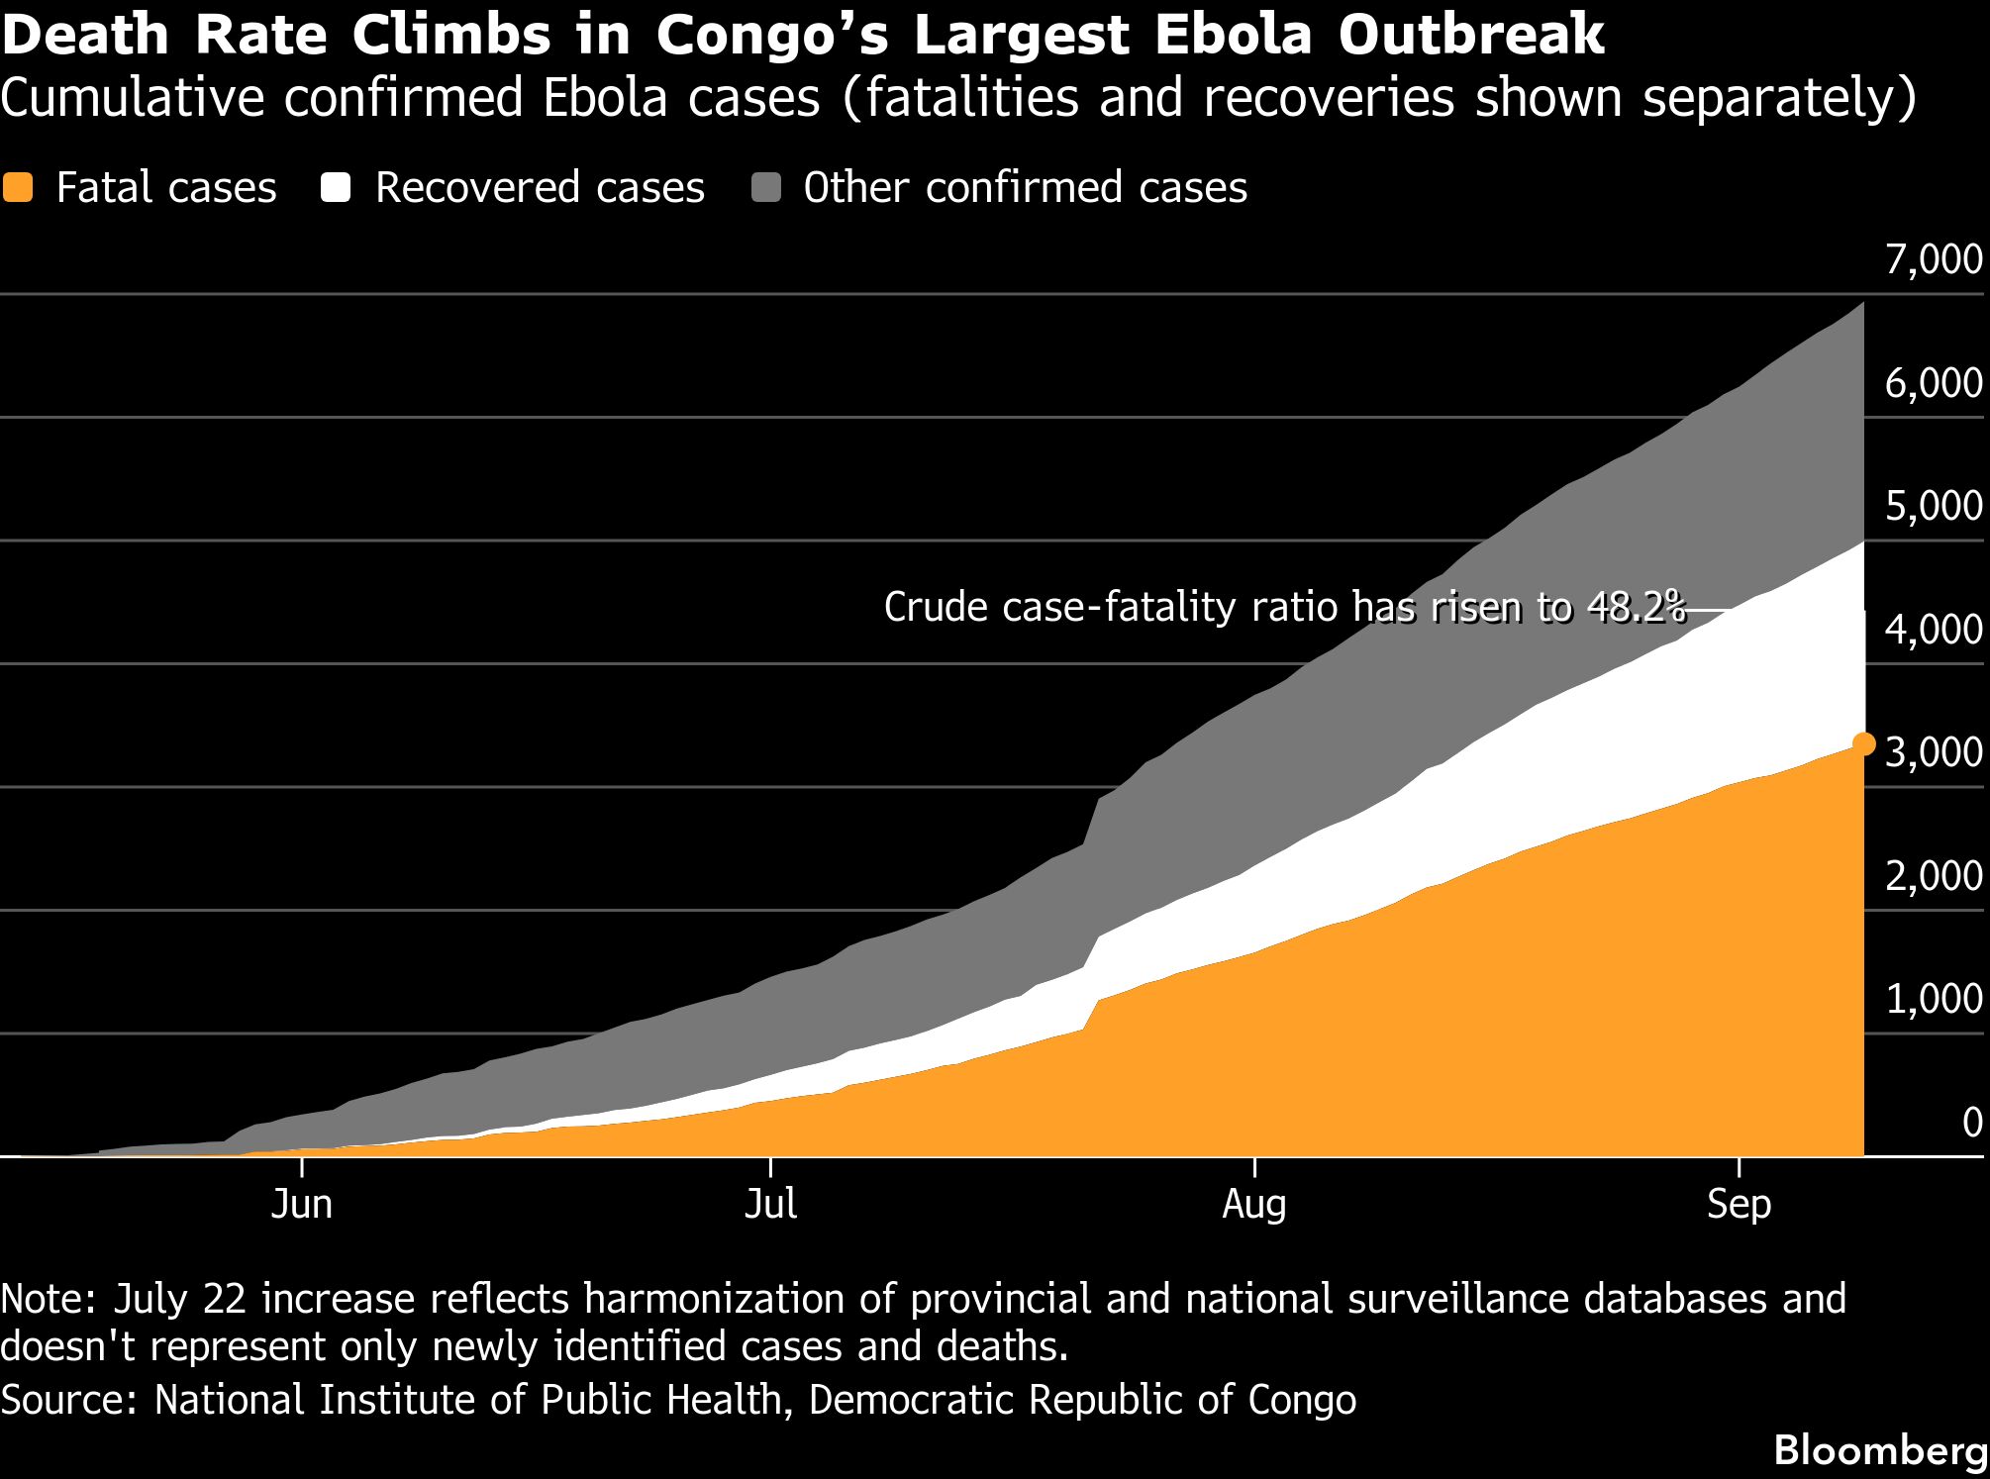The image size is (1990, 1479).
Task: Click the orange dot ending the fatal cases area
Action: pyautogui.click(x=1863, y=744)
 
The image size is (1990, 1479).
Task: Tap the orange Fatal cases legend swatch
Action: pyautogui.click(x=18, y=187)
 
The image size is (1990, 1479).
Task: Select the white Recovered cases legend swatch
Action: pyautogui.click(x=336, y=187)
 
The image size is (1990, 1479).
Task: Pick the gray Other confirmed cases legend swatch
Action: pyautogui.click(x=765, y=187)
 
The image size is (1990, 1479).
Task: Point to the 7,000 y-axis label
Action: pyautogui.click(x=1934, y=259)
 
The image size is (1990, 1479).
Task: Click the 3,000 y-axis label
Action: pyautogui.click(x=1934, y=753)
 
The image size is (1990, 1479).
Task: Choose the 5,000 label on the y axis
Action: pyautogui.click(x=1934, y=506)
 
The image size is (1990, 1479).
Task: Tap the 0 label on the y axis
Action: pyautogui.click(x=1971, y=1123)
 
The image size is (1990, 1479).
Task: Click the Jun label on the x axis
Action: pyautogui.click(x=301, y=1204)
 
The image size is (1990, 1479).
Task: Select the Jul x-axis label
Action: pyautogui.click(x=770, y=1204)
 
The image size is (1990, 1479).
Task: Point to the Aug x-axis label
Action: pyautogui.click(x=1254, y=1205)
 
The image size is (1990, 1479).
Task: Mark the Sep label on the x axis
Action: pyautogui.click(x=1740, y=1205)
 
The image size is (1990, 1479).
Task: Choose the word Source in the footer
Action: pyautogui.click(x=67, y=1400)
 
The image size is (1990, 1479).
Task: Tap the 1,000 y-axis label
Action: pyautogui.click(x=1934, y=1000)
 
